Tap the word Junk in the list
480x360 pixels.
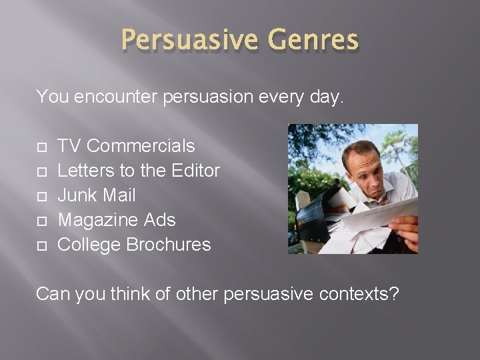77,195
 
